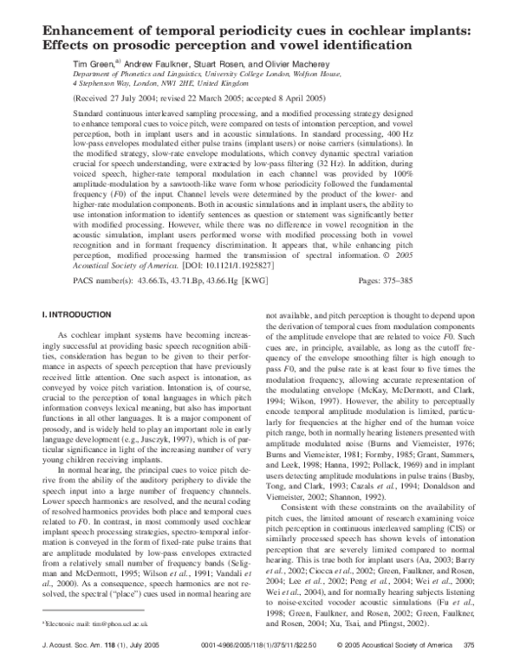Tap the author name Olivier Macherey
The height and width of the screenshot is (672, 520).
(x=300, y=64)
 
